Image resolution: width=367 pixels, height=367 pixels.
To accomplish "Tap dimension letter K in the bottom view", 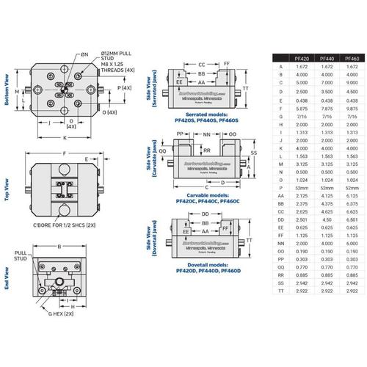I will click(65, 137).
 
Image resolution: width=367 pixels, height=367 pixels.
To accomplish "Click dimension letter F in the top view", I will click(65, 153).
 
